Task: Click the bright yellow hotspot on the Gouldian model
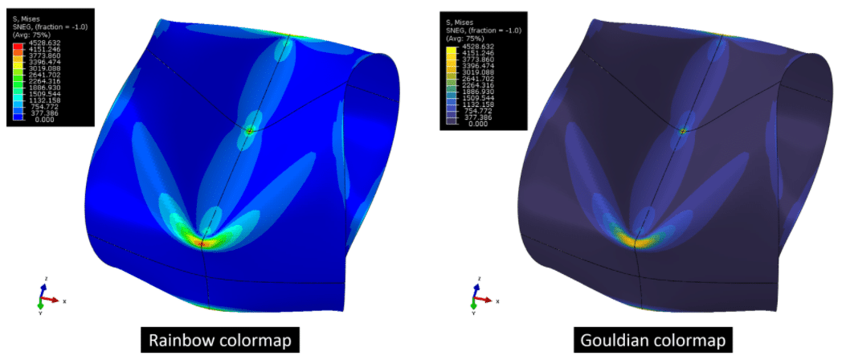[x=635, y=239]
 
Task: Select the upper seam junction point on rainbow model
[x=250, y=130]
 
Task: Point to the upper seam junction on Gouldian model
[x=683, y=130]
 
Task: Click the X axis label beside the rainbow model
[x=63, y=301]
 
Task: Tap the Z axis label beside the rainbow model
[x=47, y=279]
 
